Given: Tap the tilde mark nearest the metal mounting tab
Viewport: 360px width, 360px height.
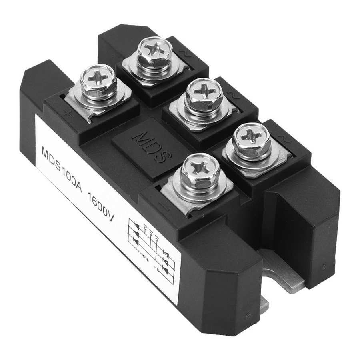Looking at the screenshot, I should [286, 138].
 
